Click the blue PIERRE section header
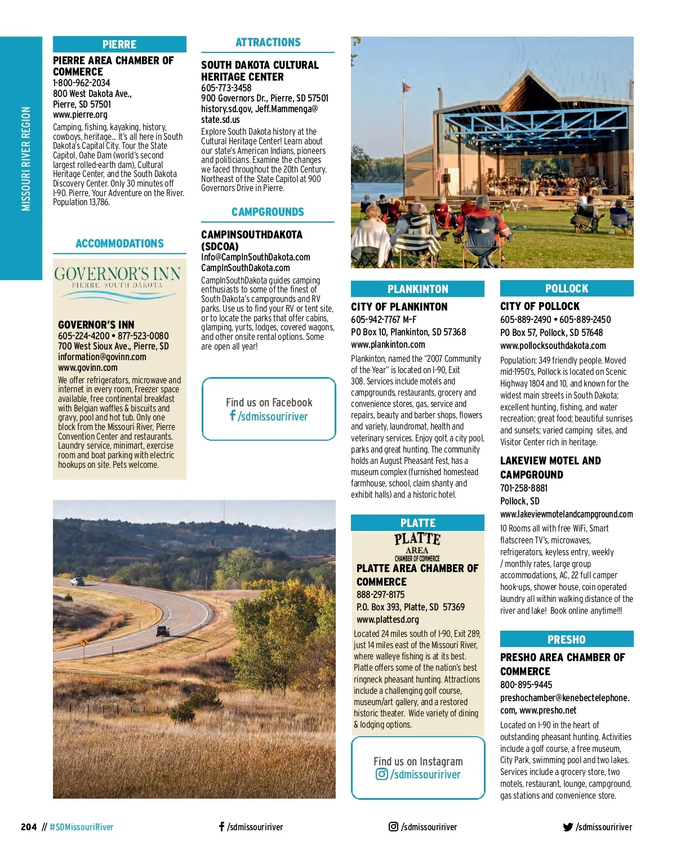119,45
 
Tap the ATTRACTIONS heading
268,42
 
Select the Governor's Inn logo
118,277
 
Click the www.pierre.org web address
80,115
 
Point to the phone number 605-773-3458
226,88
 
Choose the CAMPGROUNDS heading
268,212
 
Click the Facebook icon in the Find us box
232,416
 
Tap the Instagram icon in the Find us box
381,774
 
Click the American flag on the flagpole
407,87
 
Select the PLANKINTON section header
417,289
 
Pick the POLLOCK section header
566,289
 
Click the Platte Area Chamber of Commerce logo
417,546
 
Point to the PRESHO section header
566,640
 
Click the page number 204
29,827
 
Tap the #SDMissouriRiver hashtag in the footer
82,827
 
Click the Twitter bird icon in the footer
568,827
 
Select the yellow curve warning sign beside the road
84,643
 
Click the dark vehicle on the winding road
163,631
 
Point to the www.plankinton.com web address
388,345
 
